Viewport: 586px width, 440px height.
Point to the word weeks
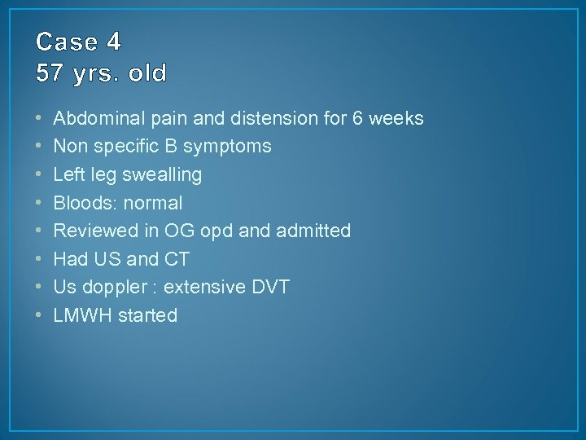[x=396, y=118]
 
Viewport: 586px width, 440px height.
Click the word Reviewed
[x=92, y=231]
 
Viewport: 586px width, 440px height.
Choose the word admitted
[x=313, y=231]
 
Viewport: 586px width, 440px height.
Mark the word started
[x=148, y=315]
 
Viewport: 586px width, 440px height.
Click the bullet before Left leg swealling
[x=40, y=174]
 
